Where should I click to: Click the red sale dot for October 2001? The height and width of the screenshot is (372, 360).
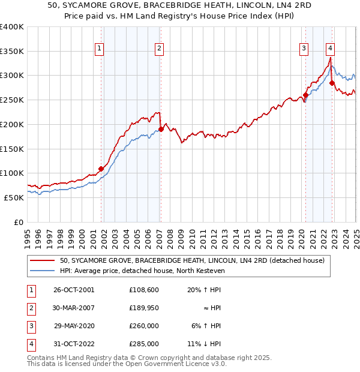[x=101, y=169]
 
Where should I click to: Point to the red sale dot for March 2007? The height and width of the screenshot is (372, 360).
[x=161, y=129]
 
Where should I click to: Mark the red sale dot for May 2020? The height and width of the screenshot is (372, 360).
[x=305, y=95]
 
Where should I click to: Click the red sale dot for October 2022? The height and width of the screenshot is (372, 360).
[x=332, y=83]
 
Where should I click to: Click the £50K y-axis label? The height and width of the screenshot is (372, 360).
[x=14, y=197]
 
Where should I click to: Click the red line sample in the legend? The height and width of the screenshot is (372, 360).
[x=43, y=260]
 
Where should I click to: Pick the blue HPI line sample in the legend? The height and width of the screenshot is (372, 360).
[x=43, y=271]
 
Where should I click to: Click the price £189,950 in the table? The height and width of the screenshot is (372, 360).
[x=143, y=308]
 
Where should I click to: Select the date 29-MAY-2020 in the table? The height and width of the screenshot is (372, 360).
[x=74, y=326]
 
